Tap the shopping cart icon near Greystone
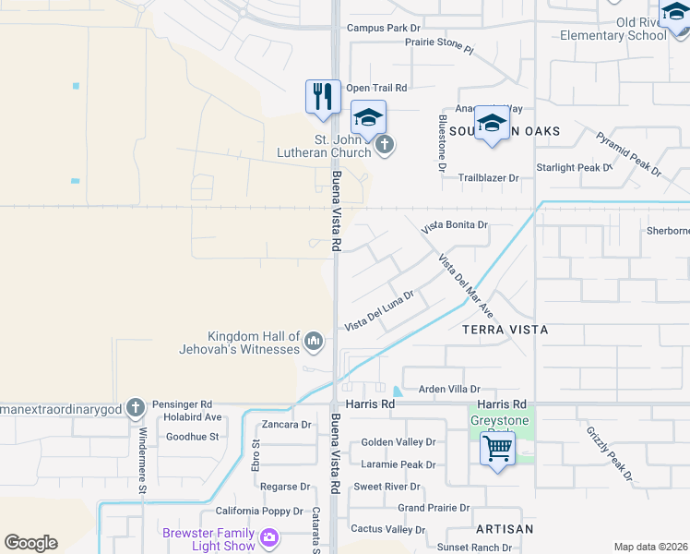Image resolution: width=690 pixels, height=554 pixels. click(497, 450)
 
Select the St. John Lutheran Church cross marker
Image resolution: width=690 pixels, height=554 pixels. click(385, 145)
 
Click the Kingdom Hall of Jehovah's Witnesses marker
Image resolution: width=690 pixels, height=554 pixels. click(314, 343)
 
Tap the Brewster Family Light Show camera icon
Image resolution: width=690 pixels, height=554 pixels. click(269, 536)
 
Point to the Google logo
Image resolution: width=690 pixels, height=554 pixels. click(30, 543)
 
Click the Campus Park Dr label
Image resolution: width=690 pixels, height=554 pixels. click(383, 28)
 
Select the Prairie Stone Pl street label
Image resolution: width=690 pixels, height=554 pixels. click(431, 47)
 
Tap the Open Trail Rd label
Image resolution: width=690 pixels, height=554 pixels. click(376, 88)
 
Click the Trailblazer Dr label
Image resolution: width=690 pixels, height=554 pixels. click(497, 177)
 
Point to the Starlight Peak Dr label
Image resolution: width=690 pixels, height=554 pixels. click(574, 168)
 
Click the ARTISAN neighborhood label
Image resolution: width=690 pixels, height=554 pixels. click(505, 529)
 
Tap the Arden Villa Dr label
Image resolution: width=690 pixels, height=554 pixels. click(450, 391)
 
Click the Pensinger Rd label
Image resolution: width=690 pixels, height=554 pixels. click(183, 404)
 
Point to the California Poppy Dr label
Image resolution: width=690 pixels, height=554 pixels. click(259, 511)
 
